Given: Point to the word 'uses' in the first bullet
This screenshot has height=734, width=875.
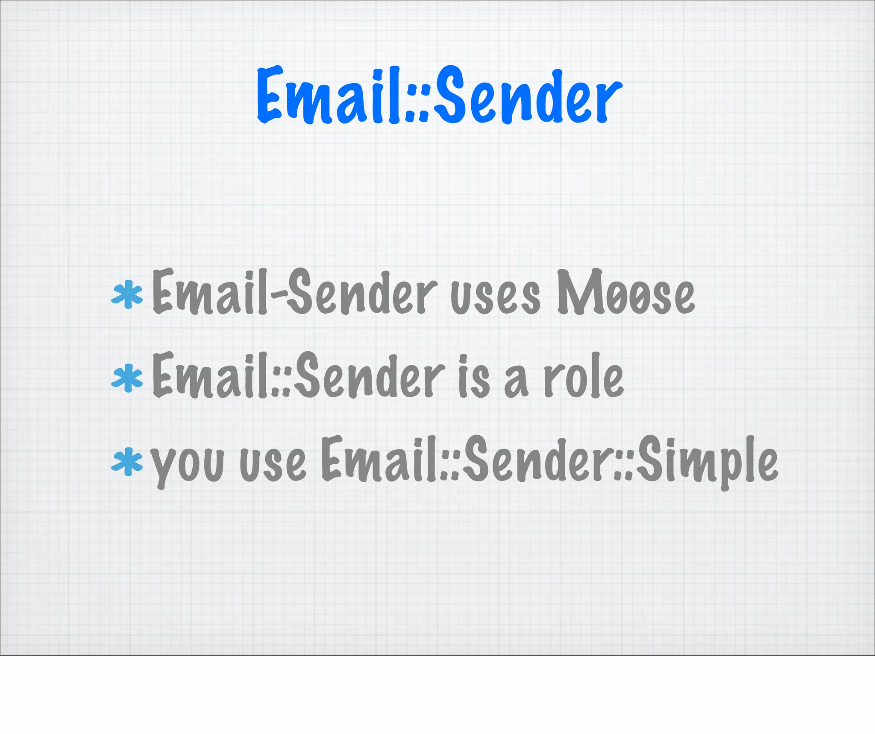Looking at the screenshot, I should [x=496, y=297].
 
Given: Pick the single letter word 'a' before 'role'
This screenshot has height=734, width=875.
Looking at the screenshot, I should [x=516, y=382].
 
